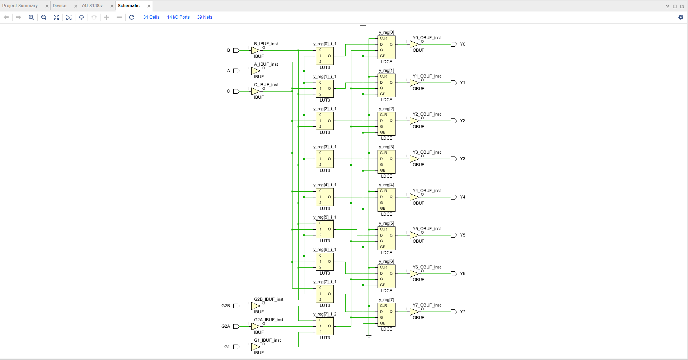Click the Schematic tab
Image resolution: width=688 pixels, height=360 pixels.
(128, 6)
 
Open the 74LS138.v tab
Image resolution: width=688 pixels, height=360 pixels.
(92, 6)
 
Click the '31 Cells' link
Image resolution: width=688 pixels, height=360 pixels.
(151, 17)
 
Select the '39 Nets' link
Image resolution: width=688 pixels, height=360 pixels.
(205, 17)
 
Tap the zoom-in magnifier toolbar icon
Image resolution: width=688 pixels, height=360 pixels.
(31, 17)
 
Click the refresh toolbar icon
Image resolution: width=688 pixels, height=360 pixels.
(132, 17)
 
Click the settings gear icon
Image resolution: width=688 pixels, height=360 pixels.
(680, 17)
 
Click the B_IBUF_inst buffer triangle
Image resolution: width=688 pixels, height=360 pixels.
(255, 50)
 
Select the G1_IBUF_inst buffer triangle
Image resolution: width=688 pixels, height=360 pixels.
(255, 347)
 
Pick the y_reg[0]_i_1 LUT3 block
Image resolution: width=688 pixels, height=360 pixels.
(325, 56)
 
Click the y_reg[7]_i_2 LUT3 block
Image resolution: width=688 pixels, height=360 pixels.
(325, 326)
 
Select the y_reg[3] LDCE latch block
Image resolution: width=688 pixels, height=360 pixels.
(387, 162)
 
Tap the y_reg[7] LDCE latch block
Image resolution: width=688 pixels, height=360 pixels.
(387, 314)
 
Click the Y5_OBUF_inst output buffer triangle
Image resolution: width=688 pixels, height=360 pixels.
(414, 235)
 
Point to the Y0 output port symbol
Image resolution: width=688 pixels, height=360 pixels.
(454, 44)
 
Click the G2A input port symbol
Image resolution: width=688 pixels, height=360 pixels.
(236, 326)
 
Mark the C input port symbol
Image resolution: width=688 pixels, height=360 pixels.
(236, 91)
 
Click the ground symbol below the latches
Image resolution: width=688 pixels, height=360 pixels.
(369, 336)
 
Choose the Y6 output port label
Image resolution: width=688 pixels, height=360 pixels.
(463, 273)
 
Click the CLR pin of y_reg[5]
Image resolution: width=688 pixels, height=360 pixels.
(383, 229)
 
